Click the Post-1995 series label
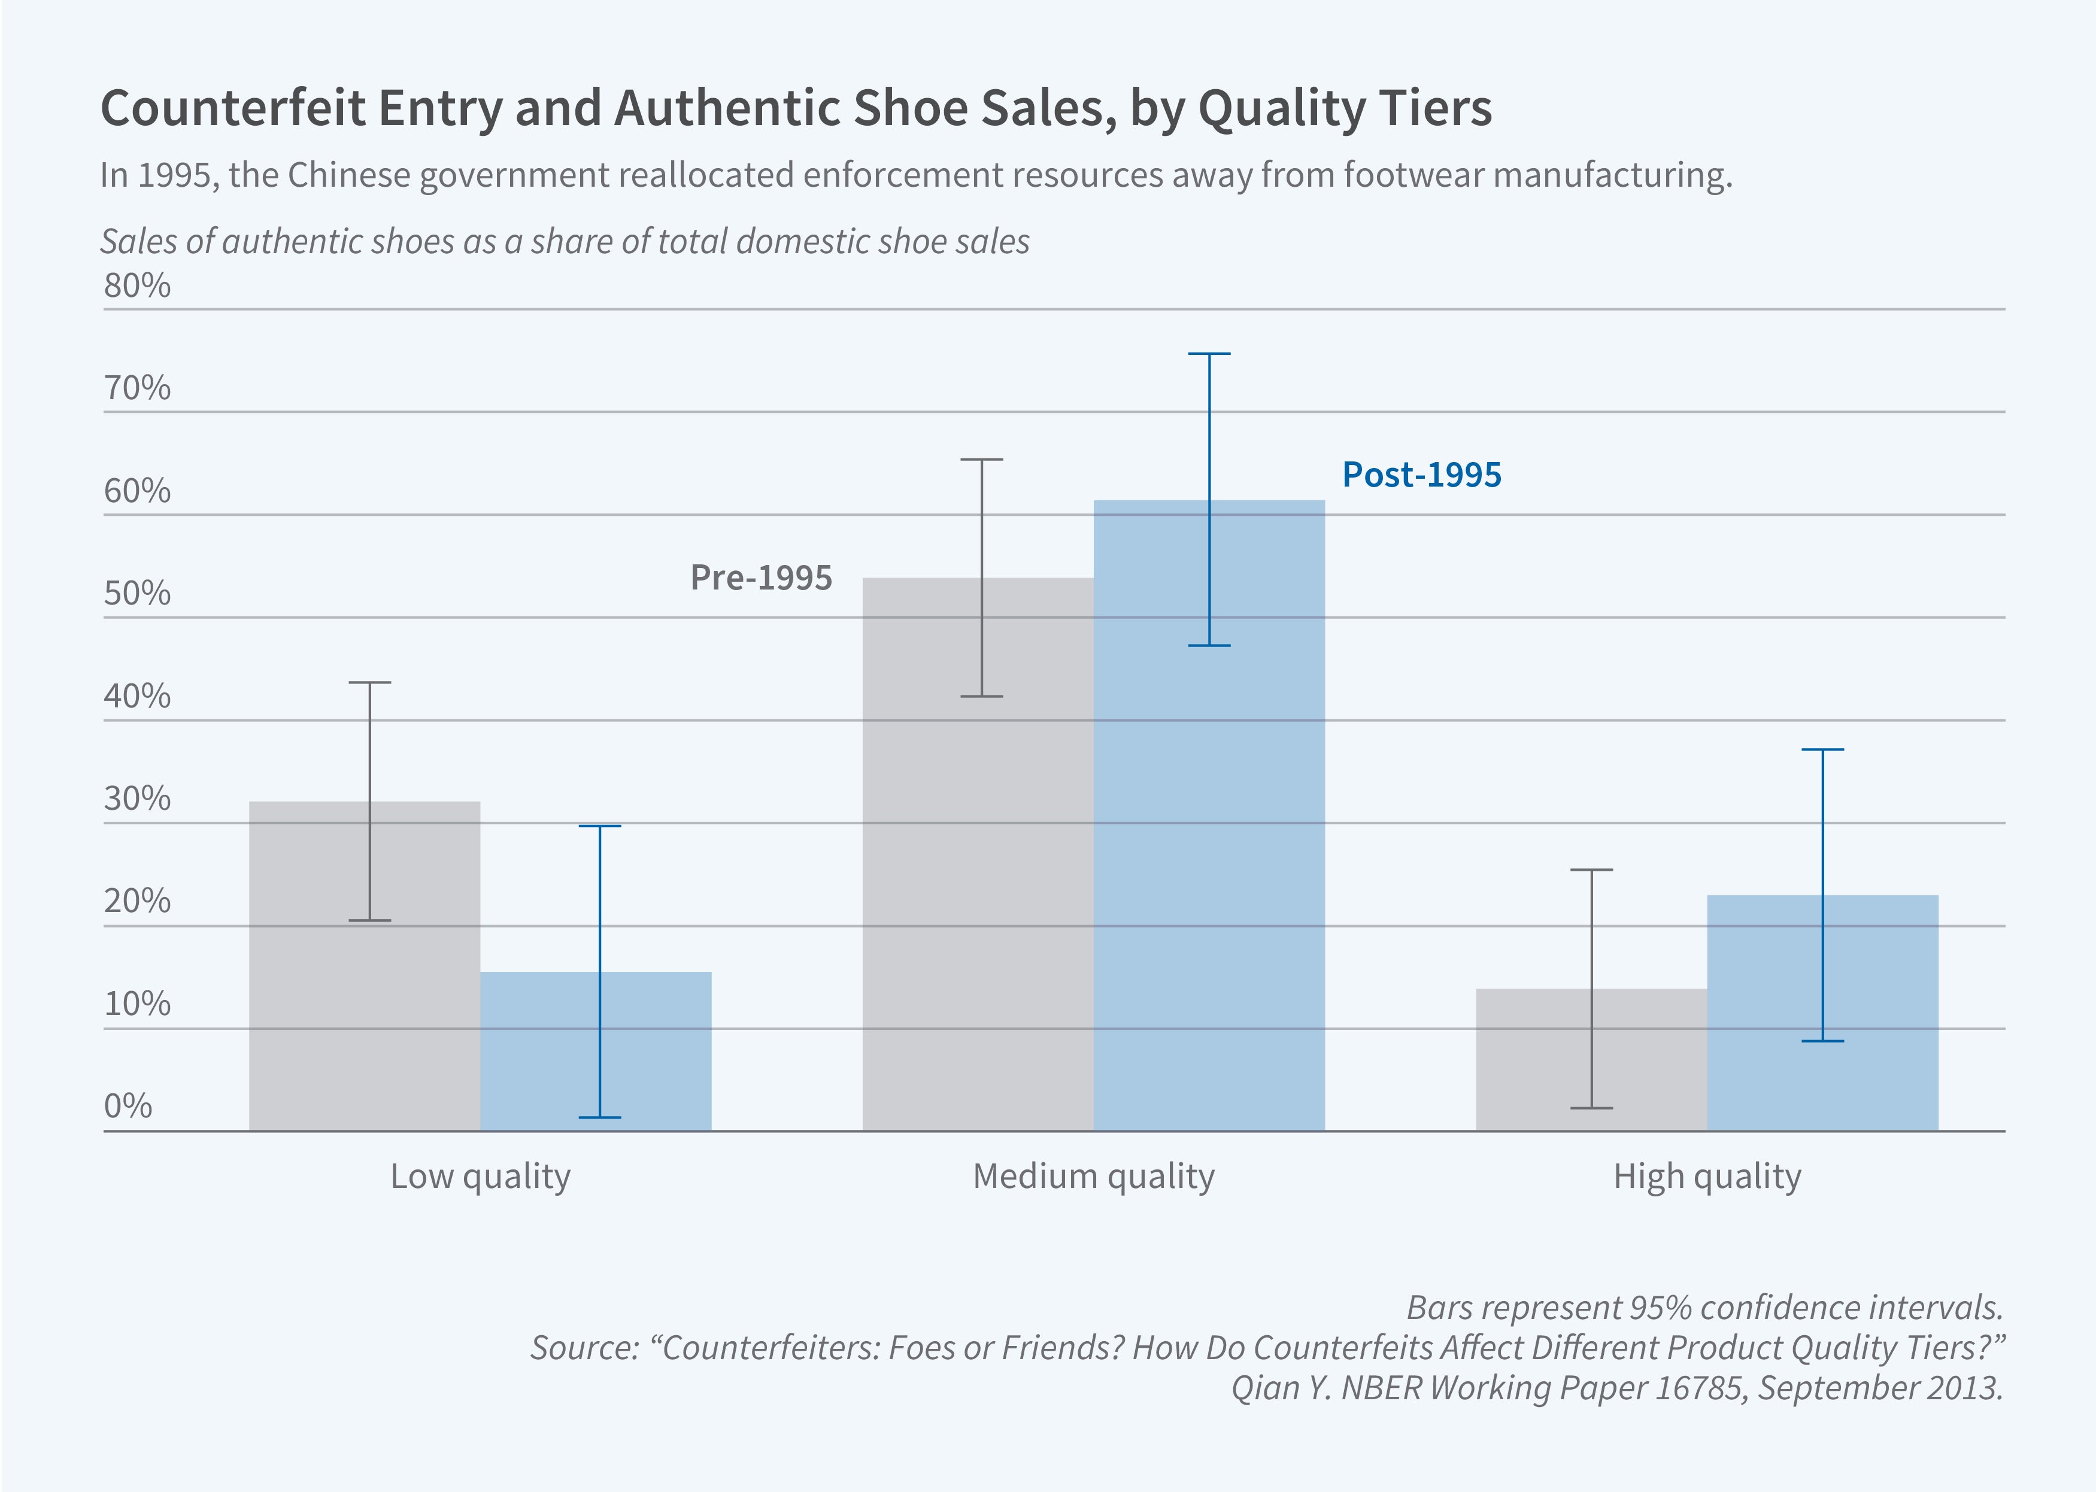pos(1421,475)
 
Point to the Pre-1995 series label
pos(761,578)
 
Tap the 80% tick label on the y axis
pos(137,285)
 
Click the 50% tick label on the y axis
pos(137,594)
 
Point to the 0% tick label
pos(128,1105)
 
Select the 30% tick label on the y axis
pos(137,798)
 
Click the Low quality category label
pos(481,1176)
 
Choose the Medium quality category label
pos(1093,1176)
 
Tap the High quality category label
pos(1707,1176)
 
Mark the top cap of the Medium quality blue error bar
pos(1209,354)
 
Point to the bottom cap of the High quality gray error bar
pos(1591,1108)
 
